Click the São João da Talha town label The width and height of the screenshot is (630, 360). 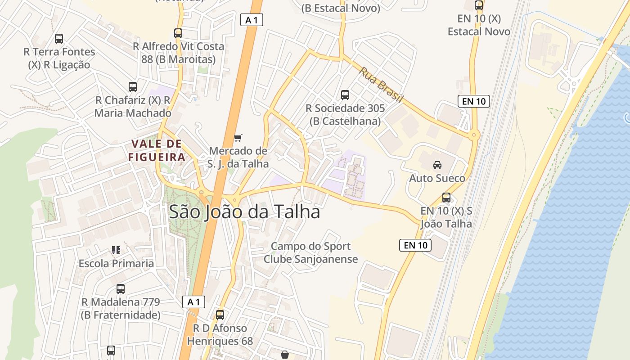coord(244,212)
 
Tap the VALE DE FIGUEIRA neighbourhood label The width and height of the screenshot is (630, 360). coord(157,150)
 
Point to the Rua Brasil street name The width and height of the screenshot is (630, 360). coord(381,85)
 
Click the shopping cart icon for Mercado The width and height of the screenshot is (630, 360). coord(238,138)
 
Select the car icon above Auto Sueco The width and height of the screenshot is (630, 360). coord(437,165)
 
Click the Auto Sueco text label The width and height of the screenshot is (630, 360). coord(437,178)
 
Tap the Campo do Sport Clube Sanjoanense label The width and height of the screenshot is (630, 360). coord(310,252)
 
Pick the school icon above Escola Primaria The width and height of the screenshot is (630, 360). coord(116,250)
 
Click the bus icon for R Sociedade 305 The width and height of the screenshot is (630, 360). coord(345,95)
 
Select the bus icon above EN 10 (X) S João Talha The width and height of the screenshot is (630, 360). coord(446,198)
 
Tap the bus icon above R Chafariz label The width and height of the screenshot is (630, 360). coord(132,87)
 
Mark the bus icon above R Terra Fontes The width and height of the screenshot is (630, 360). coord(59,39)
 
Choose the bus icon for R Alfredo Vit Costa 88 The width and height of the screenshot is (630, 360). coord(178,33)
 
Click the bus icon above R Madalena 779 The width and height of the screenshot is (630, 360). coord(121,289)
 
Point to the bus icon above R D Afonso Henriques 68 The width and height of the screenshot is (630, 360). coord(220,315)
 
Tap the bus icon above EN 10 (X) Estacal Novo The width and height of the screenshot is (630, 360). coord(479,6)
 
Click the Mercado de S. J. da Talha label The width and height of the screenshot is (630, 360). coord(238,157)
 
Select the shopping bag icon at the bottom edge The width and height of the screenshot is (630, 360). coord(285,355)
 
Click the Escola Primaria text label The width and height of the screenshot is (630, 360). coord(116,263)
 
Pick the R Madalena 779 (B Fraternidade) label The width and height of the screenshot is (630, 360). coord(121,308)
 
